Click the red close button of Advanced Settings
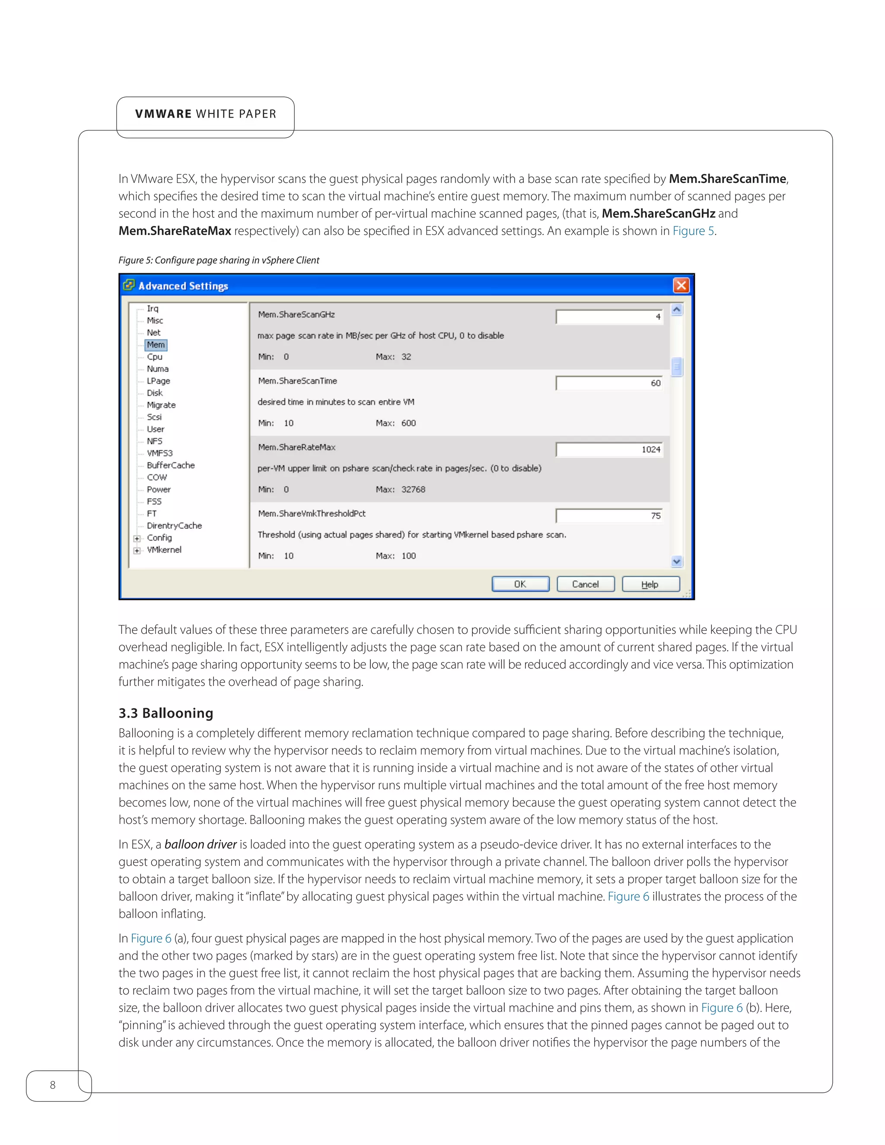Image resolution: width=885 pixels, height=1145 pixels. pyautogui.click(x=681, y=285)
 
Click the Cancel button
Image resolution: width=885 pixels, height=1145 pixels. pyautogui.click(x=585, y=584)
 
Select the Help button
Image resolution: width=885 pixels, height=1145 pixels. pyautogui.click(x=650, y=584)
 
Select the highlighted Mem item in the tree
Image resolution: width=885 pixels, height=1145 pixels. pyautogui.click(x=156, y=345)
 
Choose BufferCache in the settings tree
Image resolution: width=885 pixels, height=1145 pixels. pyautogui.click(x=170, y=465)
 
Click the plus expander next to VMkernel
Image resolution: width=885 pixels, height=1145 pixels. pyautogui.click(x=137, y=550)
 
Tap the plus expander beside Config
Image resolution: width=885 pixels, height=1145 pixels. pyautogui.click(x=137, y=538)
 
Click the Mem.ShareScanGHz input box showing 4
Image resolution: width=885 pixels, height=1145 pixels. pyautogui.click(x=609, y=317)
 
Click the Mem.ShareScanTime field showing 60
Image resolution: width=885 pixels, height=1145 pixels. pyautogui.click(x=609, y=383)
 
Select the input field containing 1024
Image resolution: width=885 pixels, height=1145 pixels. pyautogui.click(x=609, y=450)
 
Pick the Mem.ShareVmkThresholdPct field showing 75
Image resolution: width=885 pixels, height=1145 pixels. pyautogui.click(x=609, y=516)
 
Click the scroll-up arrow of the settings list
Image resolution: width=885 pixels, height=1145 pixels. pyautogui.click(x=676, y=310)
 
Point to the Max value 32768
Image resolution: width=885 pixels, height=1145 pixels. pyautogui.click(x=413, y=490)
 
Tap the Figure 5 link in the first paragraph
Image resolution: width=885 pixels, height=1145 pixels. pyautogui.click(x=693, y=231)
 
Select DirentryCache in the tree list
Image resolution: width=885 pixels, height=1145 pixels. pyautogui.click(x=174, y=526)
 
